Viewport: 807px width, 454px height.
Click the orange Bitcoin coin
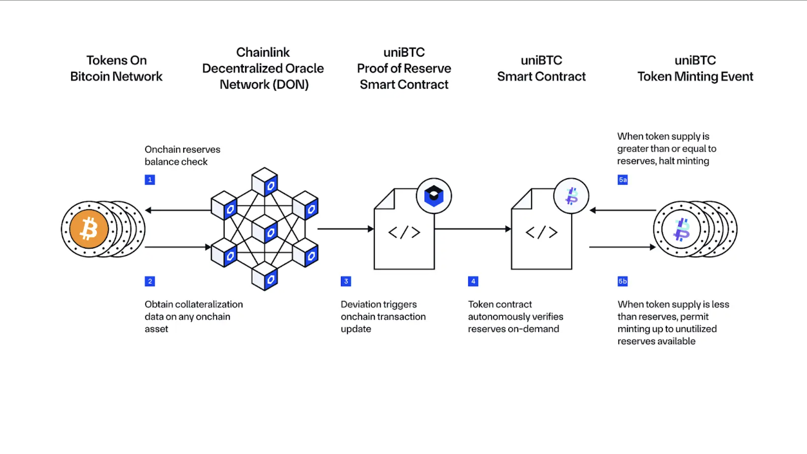pyautogui.click(x=89, y=229)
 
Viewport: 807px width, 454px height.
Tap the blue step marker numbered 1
pyautogui.click(x=150, y=179)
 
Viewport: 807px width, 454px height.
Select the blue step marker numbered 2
pyautogui.click(x=150, y=281)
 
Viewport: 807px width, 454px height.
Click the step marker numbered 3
pyautogui.click(x=346, y=281)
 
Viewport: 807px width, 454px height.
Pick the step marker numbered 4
pyautogui.click(x=473, y=281)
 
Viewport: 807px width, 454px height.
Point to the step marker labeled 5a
pyautogui.click(x=623, y=179)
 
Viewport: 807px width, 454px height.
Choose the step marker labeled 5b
pyautogui.click(x=623, y=281)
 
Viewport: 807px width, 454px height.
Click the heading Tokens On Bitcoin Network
pyautogui.click(x=116, y=68)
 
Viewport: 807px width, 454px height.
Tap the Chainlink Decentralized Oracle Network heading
pyautogui.click(x=263, y=68)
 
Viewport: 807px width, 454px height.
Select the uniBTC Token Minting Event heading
pyautogui.click(x=695, y=68)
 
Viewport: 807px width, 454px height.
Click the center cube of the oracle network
pyautogui.click(x=265, y=229)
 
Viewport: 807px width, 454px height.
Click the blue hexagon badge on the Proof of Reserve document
pyautogui.click(x=434, y=196)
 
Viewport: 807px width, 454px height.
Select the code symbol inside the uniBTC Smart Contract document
pyautogui.click(x=541, y=232)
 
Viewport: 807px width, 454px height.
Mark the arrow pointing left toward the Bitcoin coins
pyautogui.click(x=178, y=210)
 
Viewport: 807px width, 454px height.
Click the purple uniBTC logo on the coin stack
pyautogui.click(x=682, y=229)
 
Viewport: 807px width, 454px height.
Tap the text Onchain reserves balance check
pyautogui.click(x=182, y=156)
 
